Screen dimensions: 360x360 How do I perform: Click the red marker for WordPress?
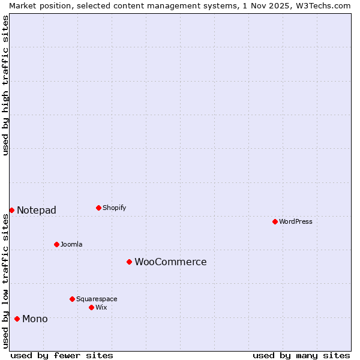tap(275, 221)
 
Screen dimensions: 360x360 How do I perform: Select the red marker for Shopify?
tap(98, 208)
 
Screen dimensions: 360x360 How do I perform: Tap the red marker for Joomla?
tap(56, 244)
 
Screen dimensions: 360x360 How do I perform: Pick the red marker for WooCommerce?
tap(129, 262)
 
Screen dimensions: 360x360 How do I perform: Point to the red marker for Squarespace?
tap(72, 299)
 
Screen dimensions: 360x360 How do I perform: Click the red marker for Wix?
tap(91, 307)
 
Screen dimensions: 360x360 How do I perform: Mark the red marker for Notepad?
tap(11, 210)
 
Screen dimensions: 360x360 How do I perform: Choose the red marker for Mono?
tap(17, 319)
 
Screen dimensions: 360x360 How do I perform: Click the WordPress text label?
tap(296, 221)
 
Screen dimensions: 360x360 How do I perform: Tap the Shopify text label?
tap(115, 208)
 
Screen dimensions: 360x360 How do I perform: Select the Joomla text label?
tap(71, 244)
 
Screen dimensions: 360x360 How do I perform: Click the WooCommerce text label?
tap(170, 262)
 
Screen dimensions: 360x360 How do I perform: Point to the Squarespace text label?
tap(97, 299)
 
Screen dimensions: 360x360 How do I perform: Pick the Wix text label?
tap(101, 307)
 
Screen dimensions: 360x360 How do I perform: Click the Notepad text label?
tap(37, 210)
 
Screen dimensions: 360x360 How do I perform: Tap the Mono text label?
tap(35, 319)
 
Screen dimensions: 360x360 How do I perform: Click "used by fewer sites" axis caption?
tap(62, 355)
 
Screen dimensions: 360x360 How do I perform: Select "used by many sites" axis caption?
tap(301, 355)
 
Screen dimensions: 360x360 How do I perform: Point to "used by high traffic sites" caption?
tap(5, 85)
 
